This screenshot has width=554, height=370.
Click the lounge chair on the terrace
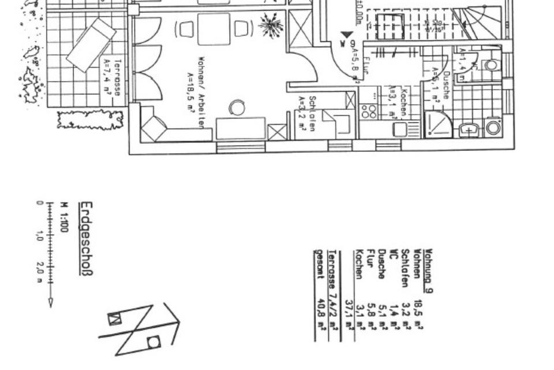91,45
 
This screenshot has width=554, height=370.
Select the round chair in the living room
237,108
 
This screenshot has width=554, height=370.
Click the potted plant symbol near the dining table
270,25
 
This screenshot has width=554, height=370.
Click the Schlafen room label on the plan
307,114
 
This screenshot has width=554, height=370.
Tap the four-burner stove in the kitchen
369,111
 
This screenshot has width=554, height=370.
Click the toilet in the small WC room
491,65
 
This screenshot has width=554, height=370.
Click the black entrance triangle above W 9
346,36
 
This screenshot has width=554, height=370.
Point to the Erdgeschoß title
87,238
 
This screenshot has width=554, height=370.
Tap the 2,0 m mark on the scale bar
40,269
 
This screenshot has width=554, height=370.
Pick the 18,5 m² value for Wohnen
418,311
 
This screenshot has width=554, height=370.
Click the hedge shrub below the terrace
91,120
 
